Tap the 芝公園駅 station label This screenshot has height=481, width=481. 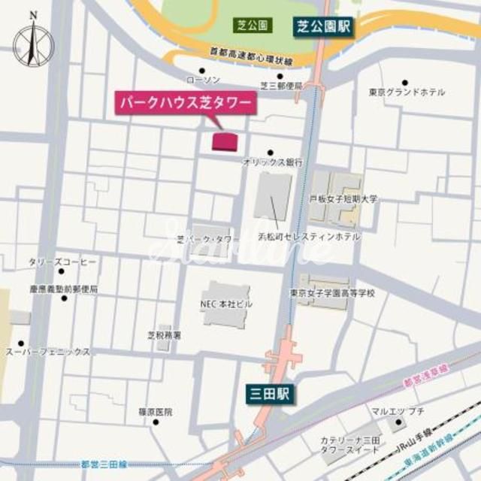[322, 28]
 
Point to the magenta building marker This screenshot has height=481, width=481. [224, 141]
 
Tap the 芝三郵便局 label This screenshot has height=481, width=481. [282, 86]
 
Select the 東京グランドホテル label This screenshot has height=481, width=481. [407, 92]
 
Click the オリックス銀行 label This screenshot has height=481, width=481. [272, 162]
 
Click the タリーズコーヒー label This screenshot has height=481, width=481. [63, 262]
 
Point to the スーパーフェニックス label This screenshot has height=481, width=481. [48, 351]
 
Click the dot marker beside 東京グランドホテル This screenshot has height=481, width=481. [404, 82]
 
